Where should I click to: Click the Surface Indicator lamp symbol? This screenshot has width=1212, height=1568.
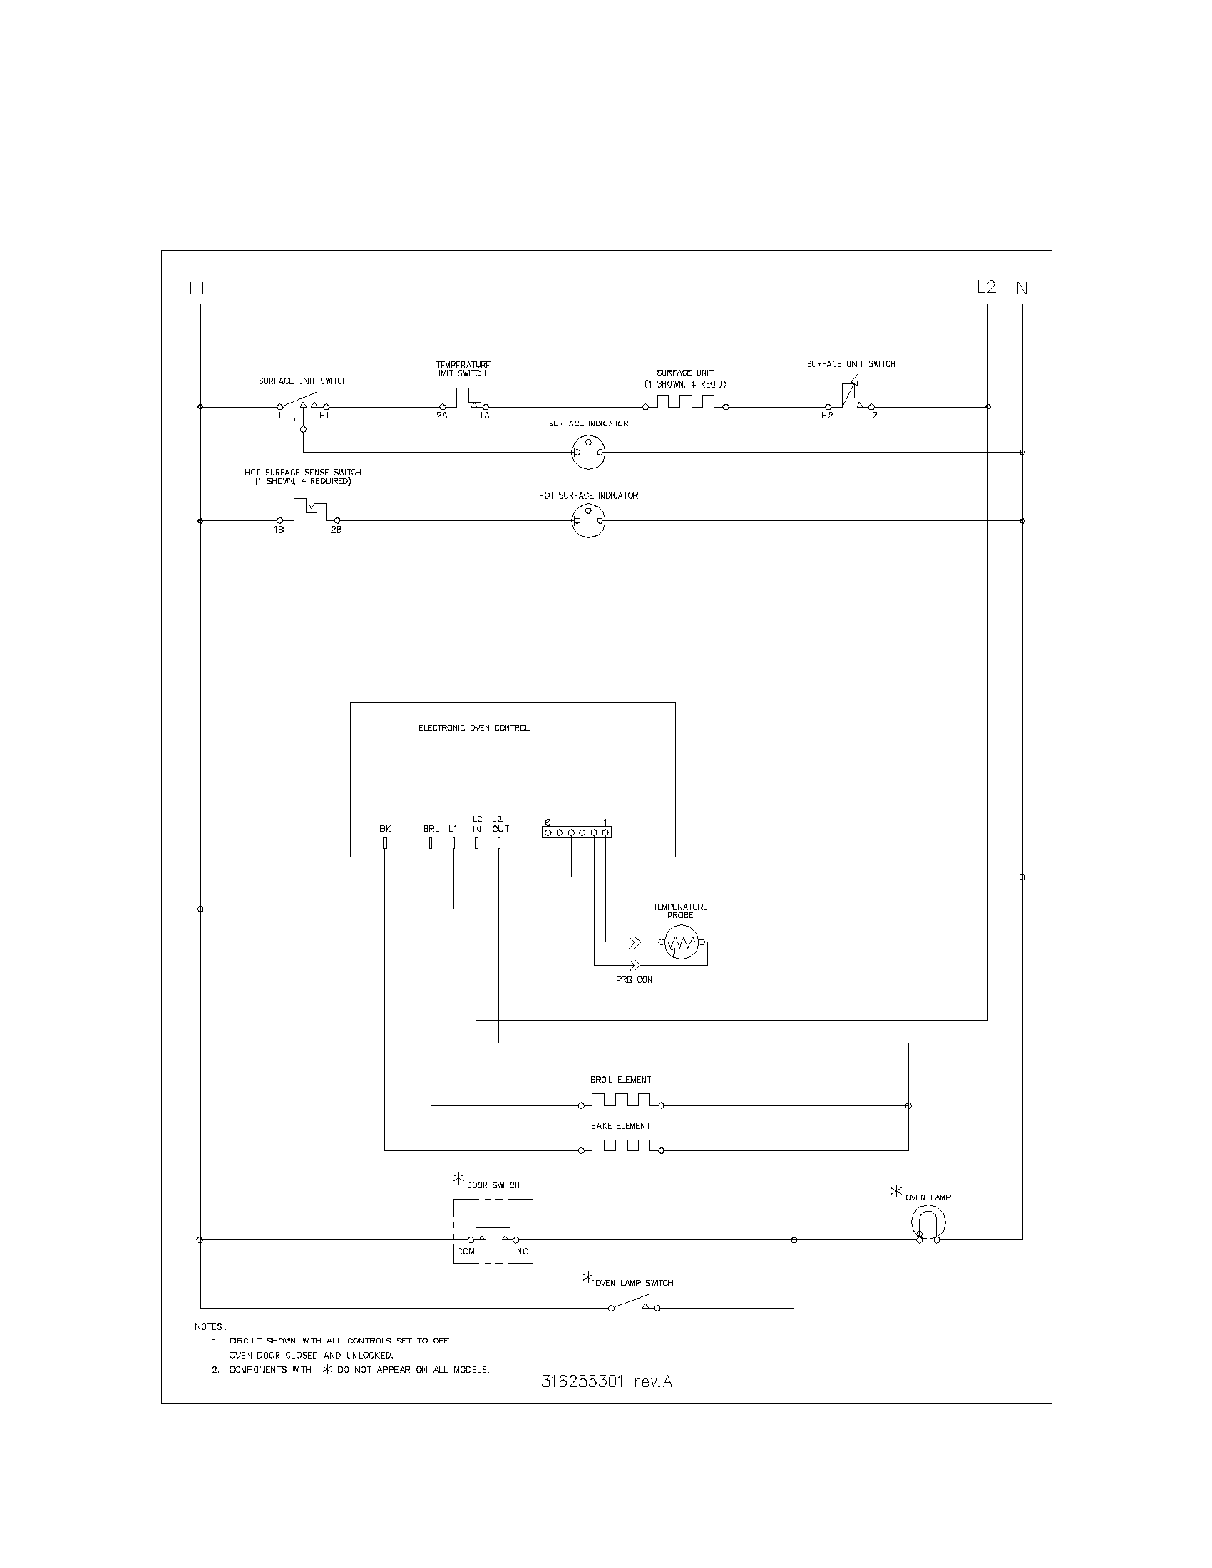[x=588, y=453]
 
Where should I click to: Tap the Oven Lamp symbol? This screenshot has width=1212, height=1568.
[x=928, y=1222]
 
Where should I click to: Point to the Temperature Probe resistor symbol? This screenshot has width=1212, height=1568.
[x=681, y=942]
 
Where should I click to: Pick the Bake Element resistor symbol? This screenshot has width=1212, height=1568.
[x=621, y=1147]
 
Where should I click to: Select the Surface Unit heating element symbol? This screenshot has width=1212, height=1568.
[x=686, y=403]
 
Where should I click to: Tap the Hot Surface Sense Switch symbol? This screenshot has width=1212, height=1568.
[x=308, y=511]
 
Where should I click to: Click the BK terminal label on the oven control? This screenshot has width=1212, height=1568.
[x=385, y=828]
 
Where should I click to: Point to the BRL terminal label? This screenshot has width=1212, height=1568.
[x=431, y=828]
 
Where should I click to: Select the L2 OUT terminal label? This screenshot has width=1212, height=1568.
[x=500, y=823]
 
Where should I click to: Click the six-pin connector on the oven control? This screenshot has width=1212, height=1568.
[x=577, y=832]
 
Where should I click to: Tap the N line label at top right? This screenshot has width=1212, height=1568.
[x=1022, y=289]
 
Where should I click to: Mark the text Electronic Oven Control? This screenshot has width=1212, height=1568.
[x=474, y=728]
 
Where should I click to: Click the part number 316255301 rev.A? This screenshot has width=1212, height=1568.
[x=606, y=1381]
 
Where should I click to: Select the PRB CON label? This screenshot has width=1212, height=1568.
[x=634, y=979]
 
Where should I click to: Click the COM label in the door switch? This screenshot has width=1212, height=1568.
[x=466, y=1252]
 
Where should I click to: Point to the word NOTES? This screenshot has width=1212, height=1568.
[x=210, y=1327]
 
